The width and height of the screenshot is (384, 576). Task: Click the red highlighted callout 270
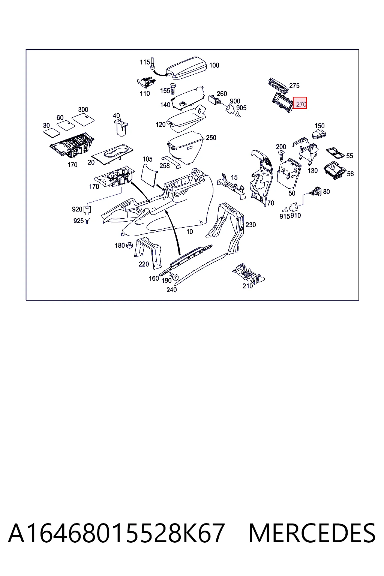pos(300,103)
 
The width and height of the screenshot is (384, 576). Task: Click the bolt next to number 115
pos(153,63)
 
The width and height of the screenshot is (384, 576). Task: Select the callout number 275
pos(294,85)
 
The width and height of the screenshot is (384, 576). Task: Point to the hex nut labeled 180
pos(130,245)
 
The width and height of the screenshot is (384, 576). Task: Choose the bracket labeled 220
pos(147,252)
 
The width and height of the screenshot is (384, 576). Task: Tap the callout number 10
pos(189,232)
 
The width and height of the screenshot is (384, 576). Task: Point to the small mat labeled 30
pos(52,132)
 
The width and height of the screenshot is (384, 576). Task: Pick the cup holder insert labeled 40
pos(121,127)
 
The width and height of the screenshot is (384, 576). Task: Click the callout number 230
pos(250,225)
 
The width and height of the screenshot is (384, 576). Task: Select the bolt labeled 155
pos(172,88)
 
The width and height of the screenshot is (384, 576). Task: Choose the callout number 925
pos(78,221)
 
